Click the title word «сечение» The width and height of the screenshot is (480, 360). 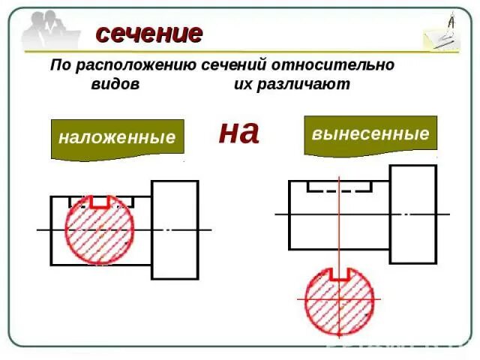(148, 34)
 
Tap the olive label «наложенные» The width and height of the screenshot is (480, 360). (117, 138)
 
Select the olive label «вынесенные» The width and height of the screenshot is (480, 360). (370, 134)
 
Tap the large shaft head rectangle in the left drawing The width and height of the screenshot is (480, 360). (175, 229)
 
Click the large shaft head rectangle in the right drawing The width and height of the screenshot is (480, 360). (413, 214)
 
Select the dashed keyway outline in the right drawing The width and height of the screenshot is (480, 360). (339, 187)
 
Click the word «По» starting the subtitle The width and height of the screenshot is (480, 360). (60, 65)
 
